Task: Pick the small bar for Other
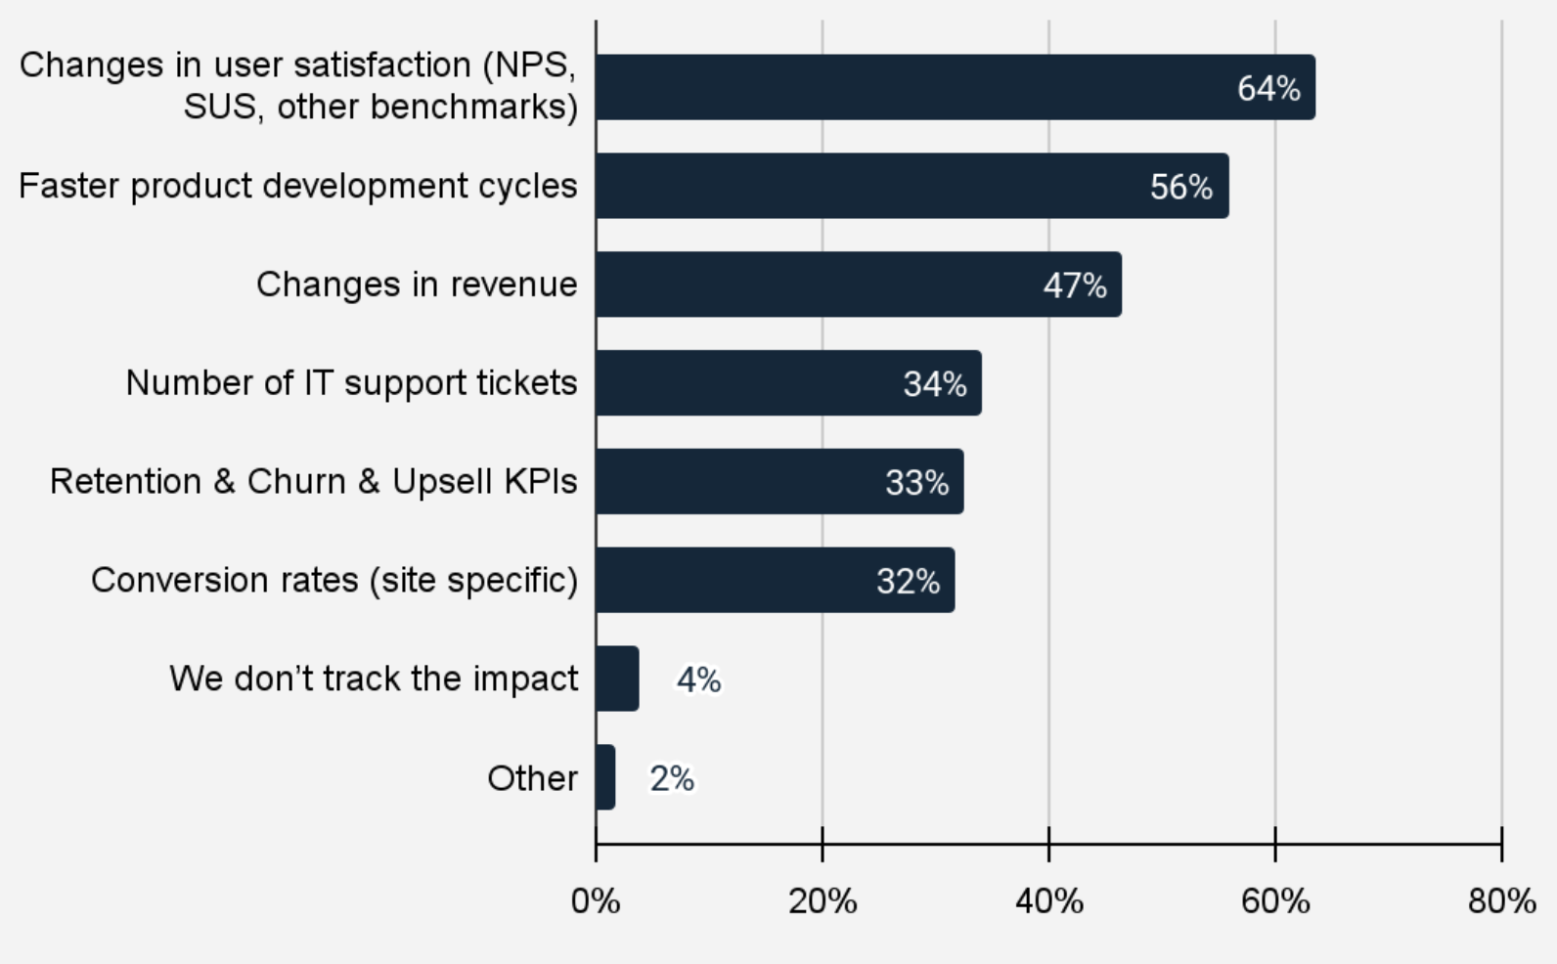click(605, 777)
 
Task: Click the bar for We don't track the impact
click(617, 679)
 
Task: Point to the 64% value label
click(1268, 89)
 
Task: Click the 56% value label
click(1181, 187)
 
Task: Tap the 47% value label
click(1075, 285)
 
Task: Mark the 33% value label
click(916, 483)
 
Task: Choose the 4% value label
click(698, 679)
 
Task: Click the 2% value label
click(672, 778)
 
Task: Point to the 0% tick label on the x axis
click(596, 900)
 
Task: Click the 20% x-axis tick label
click(823, 900)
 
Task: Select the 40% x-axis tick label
click(1048, 900)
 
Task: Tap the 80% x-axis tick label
click(1501, 900)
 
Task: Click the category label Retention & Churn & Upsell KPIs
click(313, 482)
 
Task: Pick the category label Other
click(532, 778)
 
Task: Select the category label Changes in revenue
click(417, 285)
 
